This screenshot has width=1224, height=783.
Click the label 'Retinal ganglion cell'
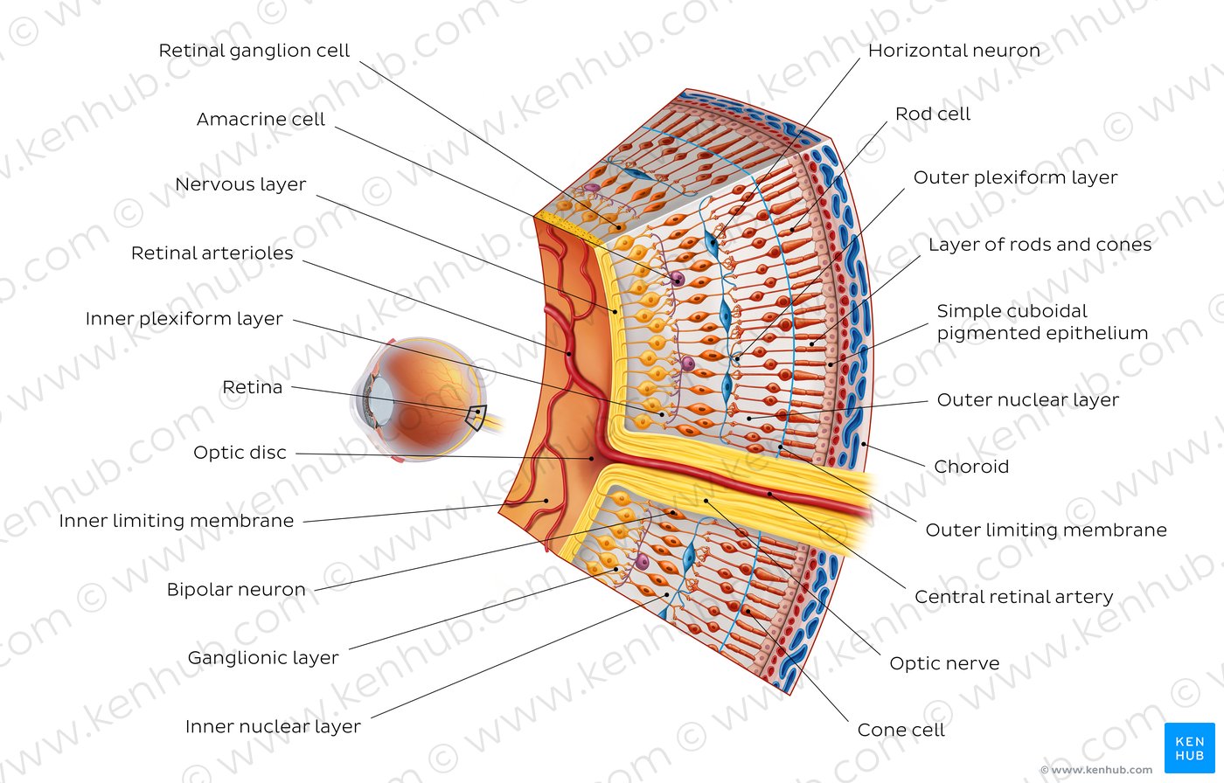[254, 51]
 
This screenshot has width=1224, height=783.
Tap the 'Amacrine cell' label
[261, 119]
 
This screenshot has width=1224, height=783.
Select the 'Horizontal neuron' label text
[954, 51]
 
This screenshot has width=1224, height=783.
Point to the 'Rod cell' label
[933, 114]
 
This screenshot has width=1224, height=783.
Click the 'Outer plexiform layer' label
[1016, 177]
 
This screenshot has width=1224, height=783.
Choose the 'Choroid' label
[971, 467]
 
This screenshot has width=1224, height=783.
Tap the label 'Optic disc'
[240, 453]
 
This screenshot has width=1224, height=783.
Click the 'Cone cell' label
[901, 730]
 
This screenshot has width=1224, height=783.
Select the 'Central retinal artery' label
[1014, 597]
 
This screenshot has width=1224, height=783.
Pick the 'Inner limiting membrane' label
[177, 521]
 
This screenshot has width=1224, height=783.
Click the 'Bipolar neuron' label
[236, 590]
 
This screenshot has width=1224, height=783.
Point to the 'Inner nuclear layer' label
[273, 727]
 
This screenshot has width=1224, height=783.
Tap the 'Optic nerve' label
[945, 663]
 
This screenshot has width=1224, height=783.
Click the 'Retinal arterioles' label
[212, 253]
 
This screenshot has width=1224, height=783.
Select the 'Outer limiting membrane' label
[1047, 530]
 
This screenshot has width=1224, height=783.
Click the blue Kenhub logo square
[1190, 748]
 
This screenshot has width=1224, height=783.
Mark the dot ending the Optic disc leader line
[593, 459]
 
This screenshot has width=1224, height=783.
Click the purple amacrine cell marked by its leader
[678, 280]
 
